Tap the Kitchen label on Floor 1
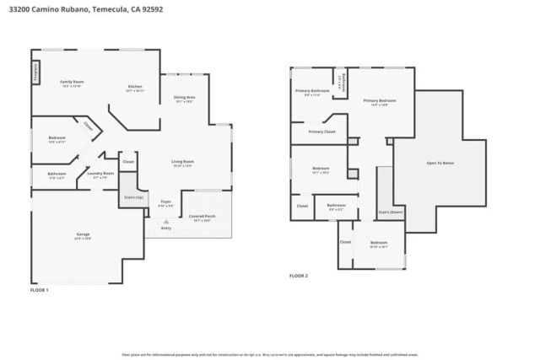(135, 87)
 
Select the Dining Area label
(184, 99)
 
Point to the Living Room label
(183, 162)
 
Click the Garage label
(83, 234)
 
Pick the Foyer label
(166, 202)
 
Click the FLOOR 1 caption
(40, 290)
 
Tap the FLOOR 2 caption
(299, 276)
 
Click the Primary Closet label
(321, 132)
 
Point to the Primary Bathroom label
(311, 91)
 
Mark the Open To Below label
(440, 163)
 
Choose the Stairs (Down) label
(390, 212)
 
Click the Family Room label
(72, 82)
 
